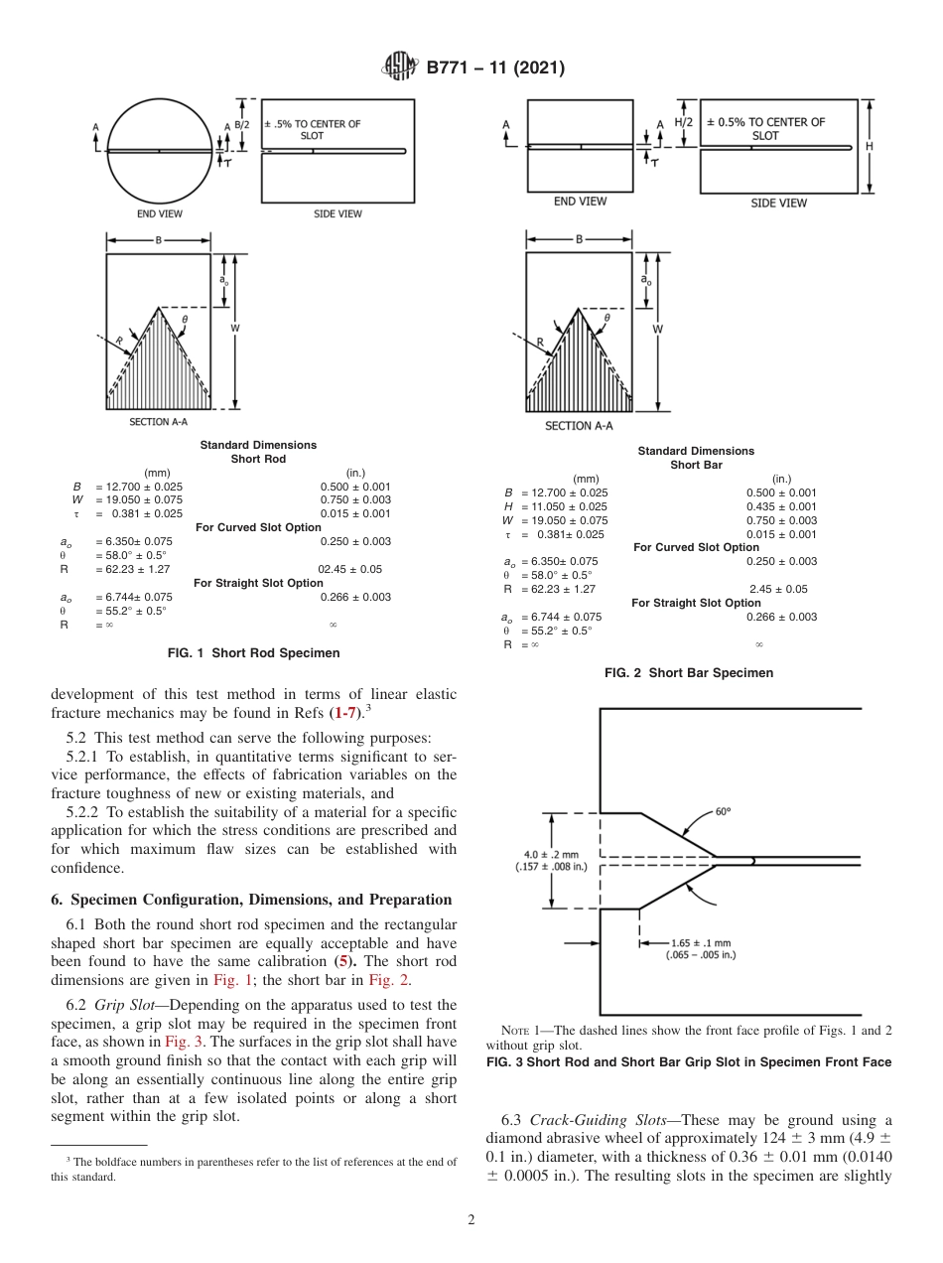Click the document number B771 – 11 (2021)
coord(495,68)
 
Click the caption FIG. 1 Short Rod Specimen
coord(254,653)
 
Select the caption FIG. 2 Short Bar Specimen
coord(689,673)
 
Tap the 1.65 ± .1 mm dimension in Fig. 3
coord(701,942)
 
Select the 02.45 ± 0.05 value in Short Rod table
coord(349,570)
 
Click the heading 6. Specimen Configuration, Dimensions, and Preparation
coord(251,900)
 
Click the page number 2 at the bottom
coord(471,1220)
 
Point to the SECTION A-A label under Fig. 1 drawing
coord(158,422)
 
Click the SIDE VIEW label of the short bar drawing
coord(778,204)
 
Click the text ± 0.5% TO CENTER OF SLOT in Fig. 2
coord(765,129)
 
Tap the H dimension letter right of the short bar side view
coord(870,146)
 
